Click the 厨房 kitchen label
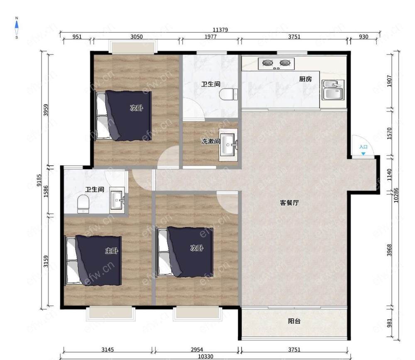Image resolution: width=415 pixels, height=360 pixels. pyautogui.click(x=305, y=79)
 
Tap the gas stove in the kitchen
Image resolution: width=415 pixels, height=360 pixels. pyautogui.click(x=276, y=64)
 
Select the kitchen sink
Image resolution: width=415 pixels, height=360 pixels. pyautogui.click(x=333, y=90)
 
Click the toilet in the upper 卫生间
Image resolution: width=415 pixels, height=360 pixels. pyautogui.click(x=228, y=94)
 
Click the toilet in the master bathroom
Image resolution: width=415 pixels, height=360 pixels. pyautogui.click(x=83, y=204)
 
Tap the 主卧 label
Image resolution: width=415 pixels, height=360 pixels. pyautogui.click(x=112, y=251)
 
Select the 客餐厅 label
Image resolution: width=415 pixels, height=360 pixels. pyautogui.click(x=289, y=203)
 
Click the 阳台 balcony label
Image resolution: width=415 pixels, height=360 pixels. pyautogui.click(x=294, y=321)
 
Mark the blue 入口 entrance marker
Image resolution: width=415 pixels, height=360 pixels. pyautogui.click(x=363, y=149)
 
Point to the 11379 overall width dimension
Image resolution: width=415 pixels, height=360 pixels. pyautogui.click(x=220, y=29)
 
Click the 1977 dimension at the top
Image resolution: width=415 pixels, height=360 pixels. pyautogui.click(x=210, y=37)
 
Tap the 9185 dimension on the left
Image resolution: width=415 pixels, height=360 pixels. pyautogui.click(x=39, y=180)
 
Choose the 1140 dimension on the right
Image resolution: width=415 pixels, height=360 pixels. pyautogui.click(x=389, y=175)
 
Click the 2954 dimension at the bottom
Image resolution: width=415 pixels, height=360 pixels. pyautogui.click(x=197, y=350)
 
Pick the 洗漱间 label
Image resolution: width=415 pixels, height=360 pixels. pyautogui.click(x=210, y=141)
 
